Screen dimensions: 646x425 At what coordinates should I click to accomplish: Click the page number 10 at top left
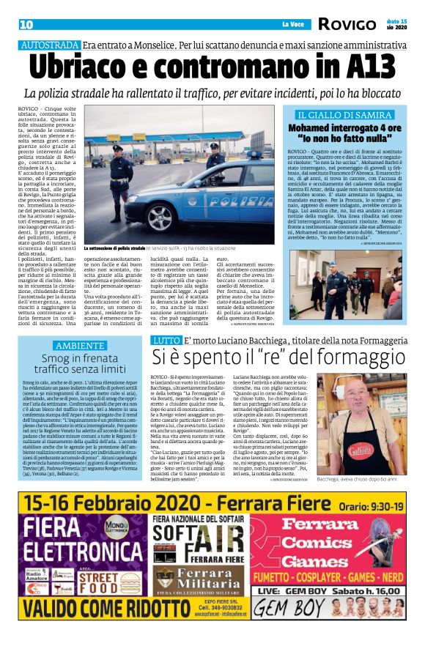pyautogui.click(x=26, y=24)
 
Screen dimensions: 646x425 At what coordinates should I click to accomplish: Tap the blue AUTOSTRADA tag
pyautogui.click(x=49, y=45)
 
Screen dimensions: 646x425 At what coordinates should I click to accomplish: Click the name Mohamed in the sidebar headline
pyautogui.click(x=318, y=127)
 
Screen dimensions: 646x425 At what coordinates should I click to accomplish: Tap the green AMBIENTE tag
pyautogui.click(x=81, y=345)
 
